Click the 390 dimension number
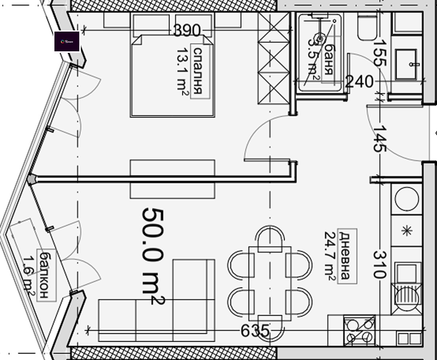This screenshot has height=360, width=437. (x=187, y=30)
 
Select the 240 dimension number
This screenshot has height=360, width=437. (x=359, y=82)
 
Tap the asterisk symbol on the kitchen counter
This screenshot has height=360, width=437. (x=406, y=230)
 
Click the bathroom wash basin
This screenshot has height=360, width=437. (x=406, y=64)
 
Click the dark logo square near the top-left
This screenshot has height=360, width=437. (x=67, y=41)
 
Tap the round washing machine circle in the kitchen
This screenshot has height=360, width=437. (x=407, y=199)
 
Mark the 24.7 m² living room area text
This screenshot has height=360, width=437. (x=330, y=256)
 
